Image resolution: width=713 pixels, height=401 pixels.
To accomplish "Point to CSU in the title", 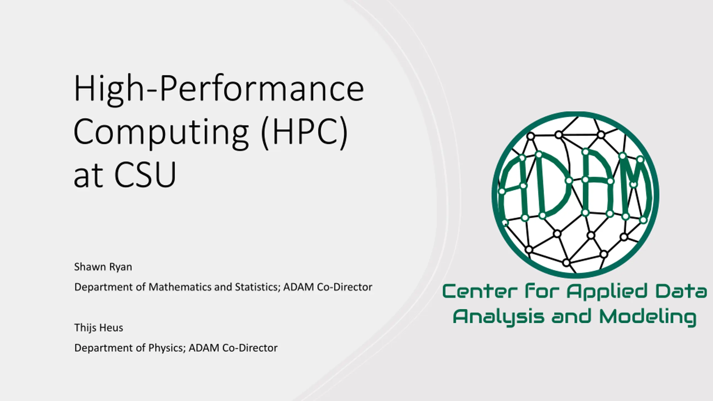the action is (145, 175).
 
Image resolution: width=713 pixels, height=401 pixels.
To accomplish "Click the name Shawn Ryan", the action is (103, 267).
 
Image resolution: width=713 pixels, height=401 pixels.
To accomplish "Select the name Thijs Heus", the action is (99, 327).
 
